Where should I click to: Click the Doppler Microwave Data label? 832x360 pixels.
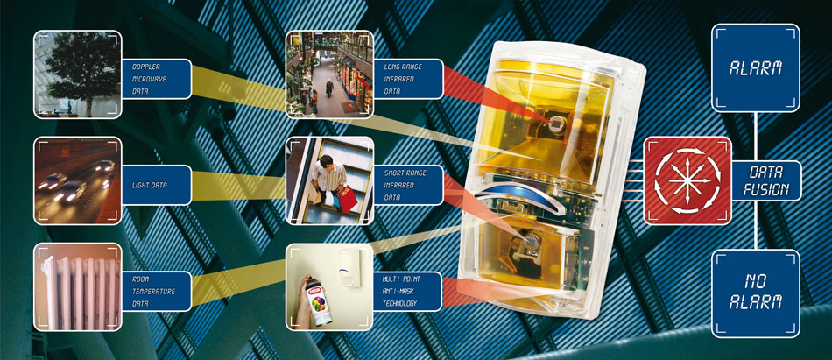click(x=156, y=79)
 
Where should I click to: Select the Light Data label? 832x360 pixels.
click(x=156, y=186)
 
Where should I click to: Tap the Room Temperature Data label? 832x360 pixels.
click(x=156, y=292)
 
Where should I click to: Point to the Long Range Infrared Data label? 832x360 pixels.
click(x=408, y=79)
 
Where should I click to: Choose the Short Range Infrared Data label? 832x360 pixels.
click(x=408, y=186)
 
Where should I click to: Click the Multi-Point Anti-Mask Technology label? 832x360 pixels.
click(x=407, y=292)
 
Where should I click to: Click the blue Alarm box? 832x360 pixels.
click(x=756, y=67)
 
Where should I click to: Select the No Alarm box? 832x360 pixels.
click(x=756, y=293)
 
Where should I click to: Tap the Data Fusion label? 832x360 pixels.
click(x=765, y=180)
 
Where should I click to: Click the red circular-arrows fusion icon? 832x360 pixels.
click(x=687, y=180)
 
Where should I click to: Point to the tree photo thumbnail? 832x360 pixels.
click(x=77, y=74)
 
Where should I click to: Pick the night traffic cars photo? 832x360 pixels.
click(x=77, y=180)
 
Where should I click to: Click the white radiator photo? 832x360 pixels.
click(x=77, y=286)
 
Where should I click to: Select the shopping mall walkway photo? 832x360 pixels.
click(x=329, y=74)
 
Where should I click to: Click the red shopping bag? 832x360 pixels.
click(x=349, y=199)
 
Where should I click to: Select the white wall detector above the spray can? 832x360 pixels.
click(x=351, y=267)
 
